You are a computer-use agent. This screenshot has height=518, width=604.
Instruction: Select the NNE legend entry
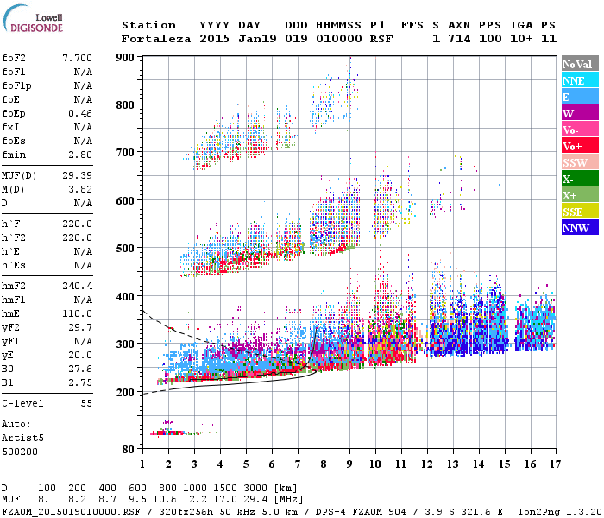[580, 80]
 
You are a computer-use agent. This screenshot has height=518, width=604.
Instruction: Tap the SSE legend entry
[580, 212]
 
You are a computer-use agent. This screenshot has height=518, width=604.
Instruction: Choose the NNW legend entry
[580, 228]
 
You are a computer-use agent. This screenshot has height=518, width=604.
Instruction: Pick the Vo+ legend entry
[580, 146]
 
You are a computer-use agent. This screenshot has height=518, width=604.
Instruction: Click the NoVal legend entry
[580, 64]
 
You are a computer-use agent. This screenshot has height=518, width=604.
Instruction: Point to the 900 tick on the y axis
[126, 57]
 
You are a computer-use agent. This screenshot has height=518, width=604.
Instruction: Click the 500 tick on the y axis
[126, 249]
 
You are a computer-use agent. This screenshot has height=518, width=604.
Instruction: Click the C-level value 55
[86, 403]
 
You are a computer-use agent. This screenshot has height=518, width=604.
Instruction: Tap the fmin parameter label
[16, 155]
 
